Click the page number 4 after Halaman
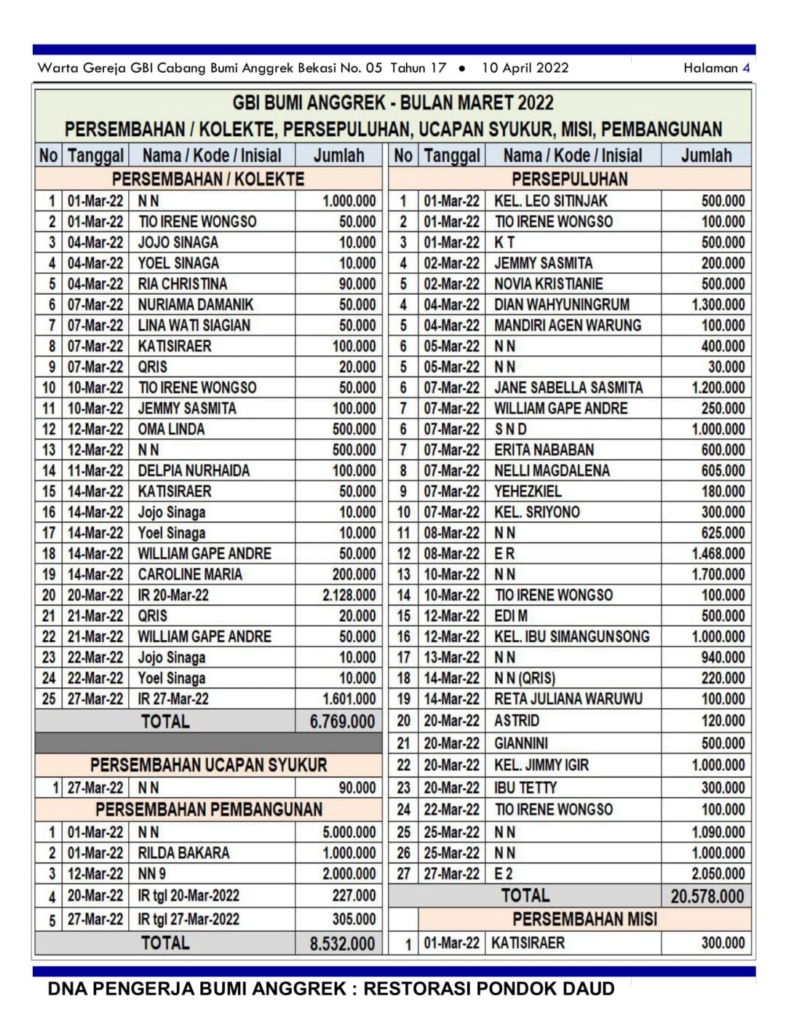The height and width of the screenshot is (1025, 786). [x=746, y=68]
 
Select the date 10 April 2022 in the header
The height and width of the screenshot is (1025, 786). [x=525, y=68]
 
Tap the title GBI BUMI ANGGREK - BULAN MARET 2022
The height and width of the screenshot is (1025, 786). [x=393, y=103]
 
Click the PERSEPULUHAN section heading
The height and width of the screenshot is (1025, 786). [x=569, y=179]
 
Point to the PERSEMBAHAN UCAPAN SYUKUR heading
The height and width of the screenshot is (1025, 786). [x=208, y=765]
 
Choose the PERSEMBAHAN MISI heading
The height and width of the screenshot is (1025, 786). [x=584, y=919]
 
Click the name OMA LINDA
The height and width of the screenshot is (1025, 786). [x=171, y=429]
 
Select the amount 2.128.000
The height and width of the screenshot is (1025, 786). [x=349, y=595]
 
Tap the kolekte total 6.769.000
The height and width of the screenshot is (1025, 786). [x=342, y=721]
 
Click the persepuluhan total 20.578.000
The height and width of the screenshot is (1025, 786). [x=707, y=896]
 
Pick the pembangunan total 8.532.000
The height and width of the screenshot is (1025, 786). [x=342, y=943]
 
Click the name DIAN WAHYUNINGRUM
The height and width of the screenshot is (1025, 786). [x=562, y=304]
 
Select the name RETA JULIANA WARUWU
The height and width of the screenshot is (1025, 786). [x=568, y=699]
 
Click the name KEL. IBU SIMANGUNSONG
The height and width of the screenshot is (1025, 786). [x=571, y=636]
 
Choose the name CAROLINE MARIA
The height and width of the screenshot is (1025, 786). [x=190, y=574]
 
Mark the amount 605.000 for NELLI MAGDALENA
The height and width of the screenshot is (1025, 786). [x=723, y=470]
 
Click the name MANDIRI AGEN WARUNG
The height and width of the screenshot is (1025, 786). [x=568, y=325]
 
